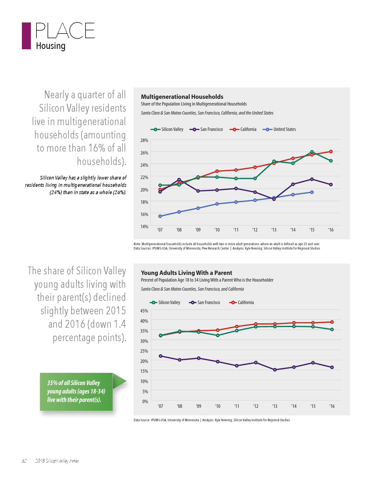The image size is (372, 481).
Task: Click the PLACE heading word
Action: pos(65,31)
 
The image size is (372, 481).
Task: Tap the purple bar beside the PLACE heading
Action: pos(26,36)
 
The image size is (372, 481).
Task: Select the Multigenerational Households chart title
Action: pos(182,97)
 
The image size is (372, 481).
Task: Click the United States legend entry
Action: pos(280,129)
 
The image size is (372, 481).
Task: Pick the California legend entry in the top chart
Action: pos(243,129)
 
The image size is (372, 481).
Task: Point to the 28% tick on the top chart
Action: pos(144,140)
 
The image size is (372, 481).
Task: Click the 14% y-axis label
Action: pos(144,227)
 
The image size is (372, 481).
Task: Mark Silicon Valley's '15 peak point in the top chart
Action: pos(312,152)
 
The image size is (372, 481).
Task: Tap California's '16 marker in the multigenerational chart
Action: pos(331,152)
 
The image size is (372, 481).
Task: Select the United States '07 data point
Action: pos(160,216)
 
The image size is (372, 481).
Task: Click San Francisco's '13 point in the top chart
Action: pos(274,199)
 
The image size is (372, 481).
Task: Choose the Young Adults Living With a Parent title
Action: pos(186,273)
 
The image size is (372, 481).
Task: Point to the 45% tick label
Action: pos(144,311)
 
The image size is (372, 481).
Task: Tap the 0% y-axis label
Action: pos(145,401)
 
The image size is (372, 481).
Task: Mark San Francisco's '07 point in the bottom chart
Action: pos(160,356)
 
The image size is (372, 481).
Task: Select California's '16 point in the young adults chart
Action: pos(332,322)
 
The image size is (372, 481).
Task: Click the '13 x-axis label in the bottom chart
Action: pos(275,406)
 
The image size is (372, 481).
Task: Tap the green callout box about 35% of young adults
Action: pos(76,392)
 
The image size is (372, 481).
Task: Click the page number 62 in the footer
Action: pos(24,461)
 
